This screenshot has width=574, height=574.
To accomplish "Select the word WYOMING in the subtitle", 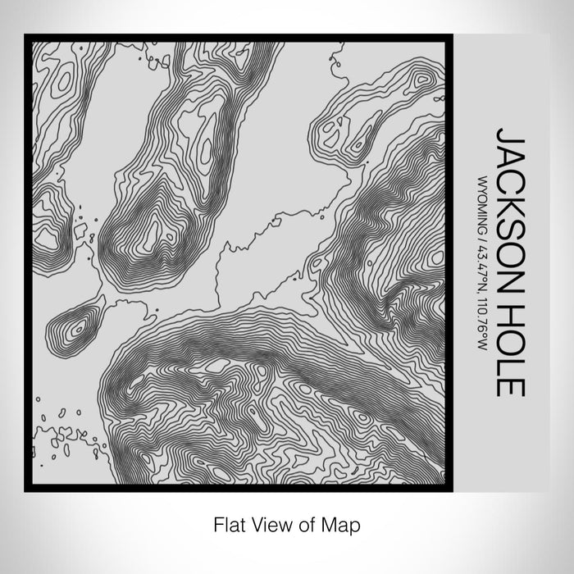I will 483,202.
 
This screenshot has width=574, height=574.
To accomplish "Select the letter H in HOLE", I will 510,307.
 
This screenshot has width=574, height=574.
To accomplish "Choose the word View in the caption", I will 268,522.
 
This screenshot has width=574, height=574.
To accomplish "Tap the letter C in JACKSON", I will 510,177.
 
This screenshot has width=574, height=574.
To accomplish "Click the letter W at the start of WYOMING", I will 483,176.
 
